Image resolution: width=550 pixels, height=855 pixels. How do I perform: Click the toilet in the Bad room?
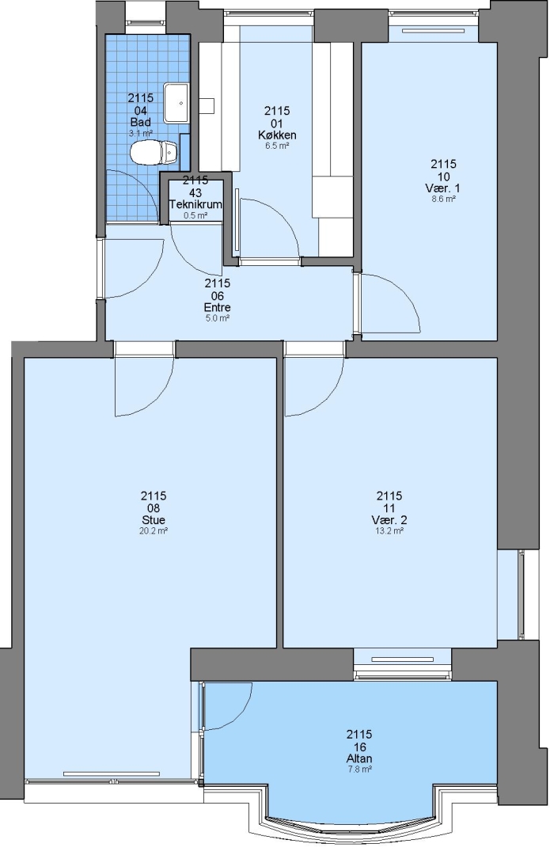(154, 152)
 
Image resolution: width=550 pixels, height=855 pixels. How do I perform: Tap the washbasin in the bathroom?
(176, 102)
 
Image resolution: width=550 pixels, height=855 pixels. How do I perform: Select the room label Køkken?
(277, 135)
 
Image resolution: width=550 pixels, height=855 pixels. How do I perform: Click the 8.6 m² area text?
(442, 199)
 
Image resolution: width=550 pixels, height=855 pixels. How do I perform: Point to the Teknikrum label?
(195, 204)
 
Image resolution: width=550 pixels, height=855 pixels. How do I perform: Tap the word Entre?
(217, 307)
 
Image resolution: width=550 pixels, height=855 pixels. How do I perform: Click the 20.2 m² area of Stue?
(154, 530)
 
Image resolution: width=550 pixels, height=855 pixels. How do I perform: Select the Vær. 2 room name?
(389, 519)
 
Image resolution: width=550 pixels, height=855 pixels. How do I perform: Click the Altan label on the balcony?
(359, 758)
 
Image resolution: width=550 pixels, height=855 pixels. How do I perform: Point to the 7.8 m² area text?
(359, 769)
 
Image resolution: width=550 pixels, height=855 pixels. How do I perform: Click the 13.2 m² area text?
(389, 530)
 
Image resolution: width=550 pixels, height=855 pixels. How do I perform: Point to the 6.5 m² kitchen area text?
(277, 146)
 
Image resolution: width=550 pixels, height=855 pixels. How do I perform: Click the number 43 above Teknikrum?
(195, 192)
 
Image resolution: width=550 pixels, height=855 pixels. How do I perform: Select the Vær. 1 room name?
(442, 188)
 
